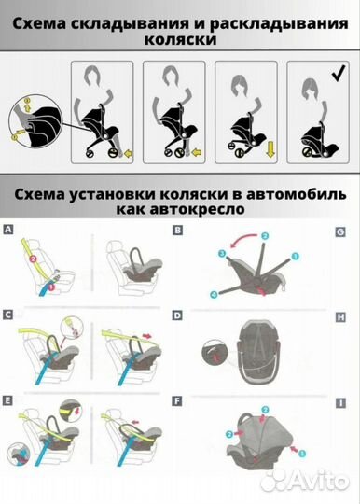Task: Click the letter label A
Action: click(8, 230)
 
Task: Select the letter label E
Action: click(8, 401)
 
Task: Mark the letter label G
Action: click(341, 230)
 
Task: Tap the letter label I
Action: click(341, 401)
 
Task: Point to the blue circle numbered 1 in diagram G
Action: click(297, 255)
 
